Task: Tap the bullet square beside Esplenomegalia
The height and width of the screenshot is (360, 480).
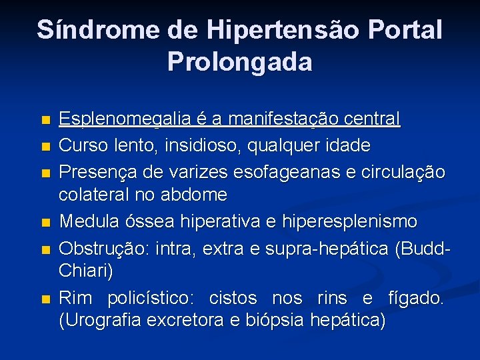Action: click(45, 121)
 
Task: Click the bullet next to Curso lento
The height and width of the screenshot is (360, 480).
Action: click(45, 146)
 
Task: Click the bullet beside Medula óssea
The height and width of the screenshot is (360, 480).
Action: click(45, 221)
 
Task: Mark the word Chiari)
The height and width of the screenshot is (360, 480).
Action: click(86, 271)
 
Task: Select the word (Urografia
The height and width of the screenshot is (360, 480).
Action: click(101, 321)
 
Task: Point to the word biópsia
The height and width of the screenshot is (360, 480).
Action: click(276, 321)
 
